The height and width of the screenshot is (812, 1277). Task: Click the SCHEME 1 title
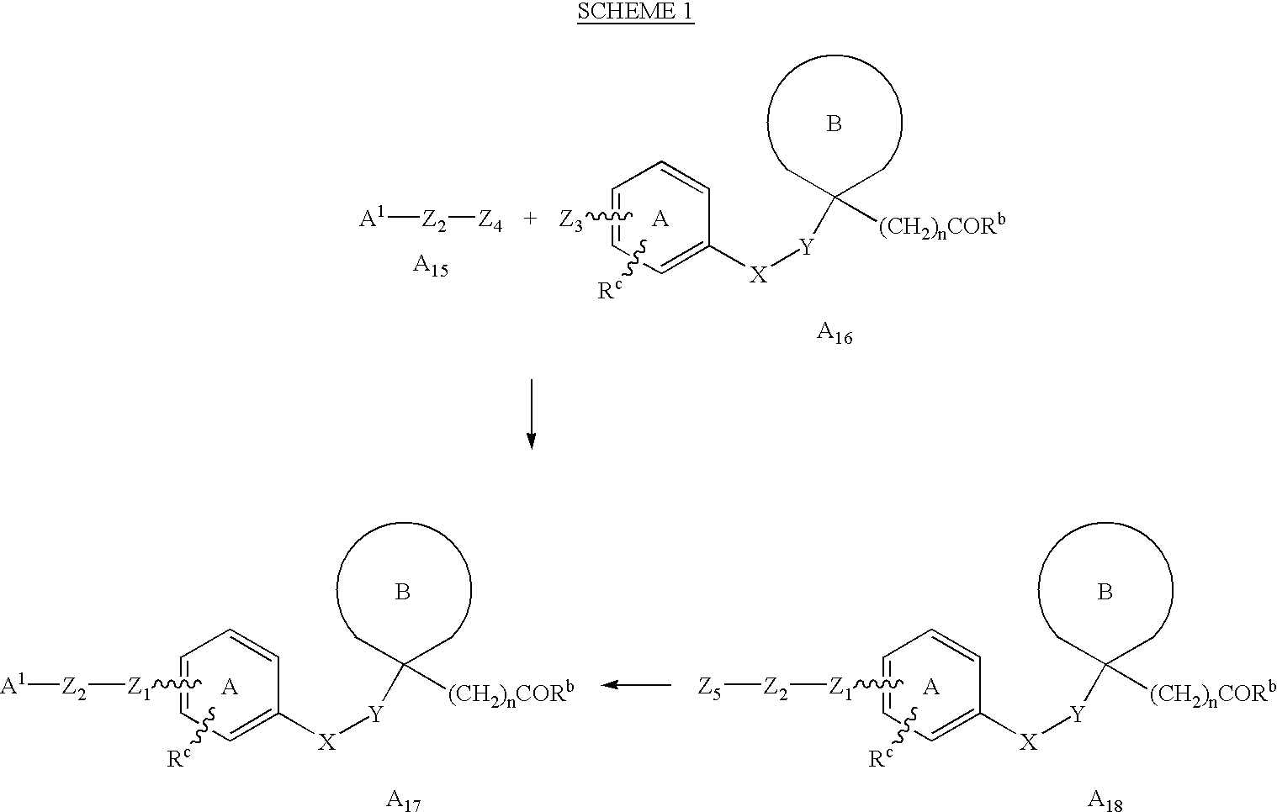(636, 12)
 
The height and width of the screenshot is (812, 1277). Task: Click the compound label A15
(431, 266)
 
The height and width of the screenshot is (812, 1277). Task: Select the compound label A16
(835, 334)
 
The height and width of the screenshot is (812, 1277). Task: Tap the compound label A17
(404, 801)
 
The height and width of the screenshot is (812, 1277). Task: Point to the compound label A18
(1105, 801)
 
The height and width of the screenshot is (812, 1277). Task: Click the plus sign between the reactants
(530, 219)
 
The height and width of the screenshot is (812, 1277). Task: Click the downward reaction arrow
(532, 414)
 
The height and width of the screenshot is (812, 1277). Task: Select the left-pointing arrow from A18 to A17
(636, 684)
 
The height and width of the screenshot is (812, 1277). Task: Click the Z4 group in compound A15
(490, 220)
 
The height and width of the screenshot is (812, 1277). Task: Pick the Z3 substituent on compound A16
(570, 220)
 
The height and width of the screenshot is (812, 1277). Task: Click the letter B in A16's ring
(834, 124)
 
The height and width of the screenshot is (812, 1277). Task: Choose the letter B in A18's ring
(1105, 592)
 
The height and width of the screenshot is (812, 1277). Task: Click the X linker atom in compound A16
(758, 275)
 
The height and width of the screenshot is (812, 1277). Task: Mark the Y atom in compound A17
(376, 714)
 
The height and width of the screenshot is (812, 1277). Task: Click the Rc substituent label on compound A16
(609, 290)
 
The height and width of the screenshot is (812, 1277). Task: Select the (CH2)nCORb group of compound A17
(511, 693)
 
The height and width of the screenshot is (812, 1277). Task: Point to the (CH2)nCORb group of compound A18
(1213, 693)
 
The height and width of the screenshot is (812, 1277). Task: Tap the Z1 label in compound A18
(841, 688)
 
